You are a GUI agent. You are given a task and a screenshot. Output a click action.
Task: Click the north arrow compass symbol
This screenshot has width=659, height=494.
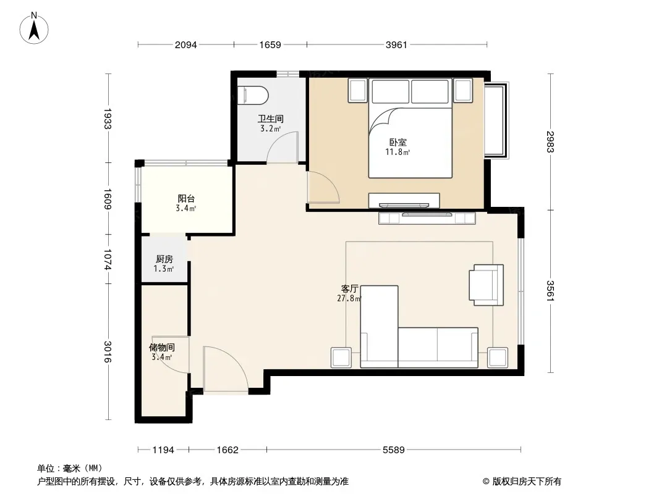pyautogui.click(x=34, y=28)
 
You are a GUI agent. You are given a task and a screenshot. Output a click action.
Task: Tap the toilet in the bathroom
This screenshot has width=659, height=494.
pyautogui.click(x=253, y=95)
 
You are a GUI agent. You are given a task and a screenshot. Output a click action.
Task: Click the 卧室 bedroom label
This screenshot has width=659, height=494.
pyautogui.click(x=398, y=142)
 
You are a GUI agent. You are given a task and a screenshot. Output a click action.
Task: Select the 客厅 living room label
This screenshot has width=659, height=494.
pyautogui.click(x=349, y=289)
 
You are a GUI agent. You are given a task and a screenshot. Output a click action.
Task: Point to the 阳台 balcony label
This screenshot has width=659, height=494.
pyautogui.click(x=185, y=198)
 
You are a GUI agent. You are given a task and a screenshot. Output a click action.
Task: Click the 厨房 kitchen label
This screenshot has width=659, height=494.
pyautogui.click(x=164, y=259)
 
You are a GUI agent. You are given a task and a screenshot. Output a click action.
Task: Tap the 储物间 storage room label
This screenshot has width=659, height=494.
pyautogui.click(x=162, y=348)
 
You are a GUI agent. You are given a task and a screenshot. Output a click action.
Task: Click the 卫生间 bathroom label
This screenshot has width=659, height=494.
pyautogui.click(x=271, y=119)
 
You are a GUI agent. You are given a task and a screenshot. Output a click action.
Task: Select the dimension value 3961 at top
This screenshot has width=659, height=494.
pyautogui.click(x=396, y=44)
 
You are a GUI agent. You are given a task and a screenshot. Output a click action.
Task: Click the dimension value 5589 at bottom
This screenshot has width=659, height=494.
pyautogui.click(x=393, y=450)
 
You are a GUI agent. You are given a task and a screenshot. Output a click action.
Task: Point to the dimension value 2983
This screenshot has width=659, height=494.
pyautogui.click(x=551, y=142)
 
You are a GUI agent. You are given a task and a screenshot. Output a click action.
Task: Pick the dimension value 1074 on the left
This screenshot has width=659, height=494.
pyautogui.click(x=108, y=259)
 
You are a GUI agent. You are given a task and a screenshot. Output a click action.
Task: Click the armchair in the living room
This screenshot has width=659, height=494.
pyautogui.click(x=487, y=285)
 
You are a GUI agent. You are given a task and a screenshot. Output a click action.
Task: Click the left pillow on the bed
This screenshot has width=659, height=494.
pyautogui.click(x=391, y=91)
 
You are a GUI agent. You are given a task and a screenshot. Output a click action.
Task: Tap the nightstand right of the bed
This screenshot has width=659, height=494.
pyautogui.click(x=464, y=90)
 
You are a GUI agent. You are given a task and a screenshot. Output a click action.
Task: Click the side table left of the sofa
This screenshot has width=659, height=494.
pyautogui.click(x=341, y=358)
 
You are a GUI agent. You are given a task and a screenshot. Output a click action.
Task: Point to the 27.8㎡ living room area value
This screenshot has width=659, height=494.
pyautogui.click(x=349, y=299)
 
